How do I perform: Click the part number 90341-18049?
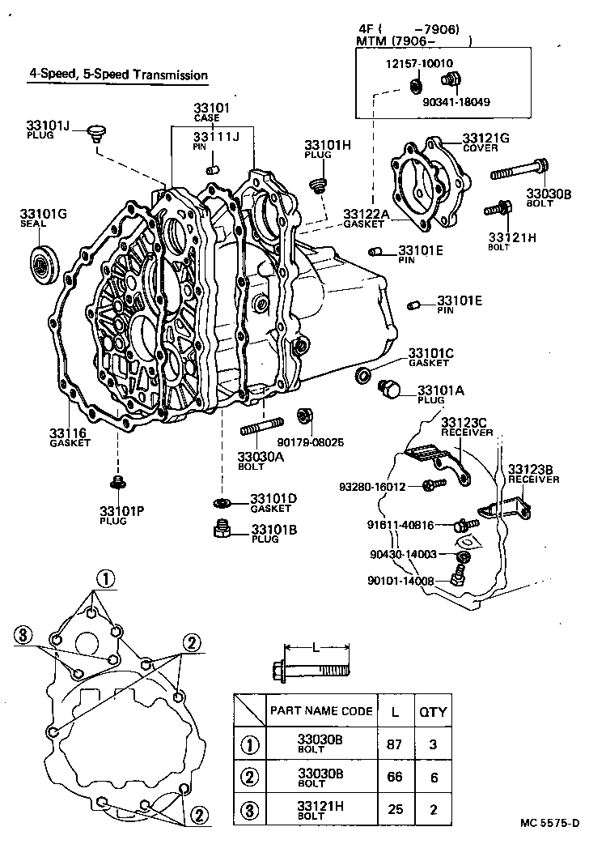pyautogui.click(x=456, y=102)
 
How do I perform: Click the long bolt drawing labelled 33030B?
pyautogui.click(x=518, y=172)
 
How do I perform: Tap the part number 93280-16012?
pyautogui.click(x=373, y=486)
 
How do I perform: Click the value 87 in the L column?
pyautogui.click(x=394, y=744)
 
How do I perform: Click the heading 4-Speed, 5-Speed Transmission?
pyautogui.click(x=118, y=75)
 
